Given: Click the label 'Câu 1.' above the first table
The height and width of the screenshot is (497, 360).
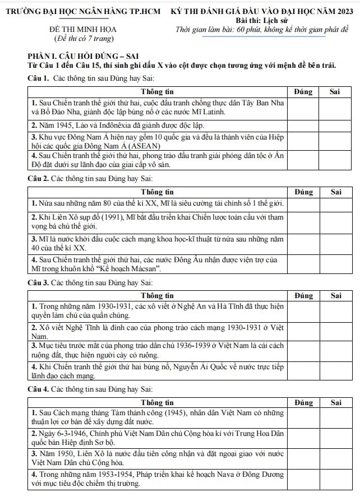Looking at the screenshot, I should (x=38, y=78).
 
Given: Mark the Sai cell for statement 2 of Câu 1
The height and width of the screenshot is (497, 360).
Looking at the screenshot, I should (x=336, y=125).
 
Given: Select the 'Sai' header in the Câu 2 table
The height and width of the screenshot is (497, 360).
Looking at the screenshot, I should (x=336, y=192).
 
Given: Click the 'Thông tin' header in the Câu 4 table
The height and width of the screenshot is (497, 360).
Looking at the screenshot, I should (x=158, y=402).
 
